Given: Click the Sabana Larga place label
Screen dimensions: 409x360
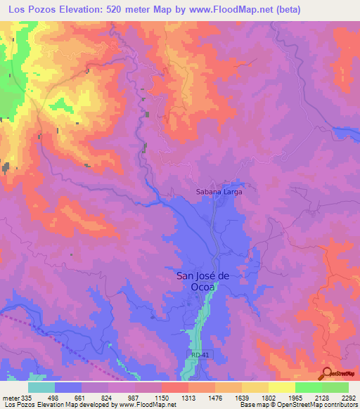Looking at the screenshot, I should [218, 190].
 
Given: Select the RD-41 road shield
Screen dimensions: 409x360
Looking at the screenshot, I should [199, 356].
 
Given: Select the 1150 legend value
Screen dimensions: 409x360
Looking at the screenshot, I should [162, 397].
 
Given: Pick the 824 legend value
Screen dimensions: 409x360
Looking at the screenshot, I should [108, 397].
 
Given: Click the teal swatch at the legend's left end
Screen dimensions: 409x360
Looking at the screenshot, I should [41, 387].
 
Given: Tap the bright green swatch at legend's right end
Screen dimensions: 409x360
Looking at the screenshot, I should [335, 387].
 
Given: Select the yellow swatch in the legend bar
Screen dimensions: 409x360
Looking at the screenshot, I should [282, 387].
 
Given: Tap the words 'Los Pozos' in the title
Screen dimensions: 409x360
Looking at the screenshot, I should [28, 10].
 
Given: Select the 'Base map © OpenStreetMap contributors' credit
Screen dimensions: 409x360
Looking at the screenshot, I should [297, 405].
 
